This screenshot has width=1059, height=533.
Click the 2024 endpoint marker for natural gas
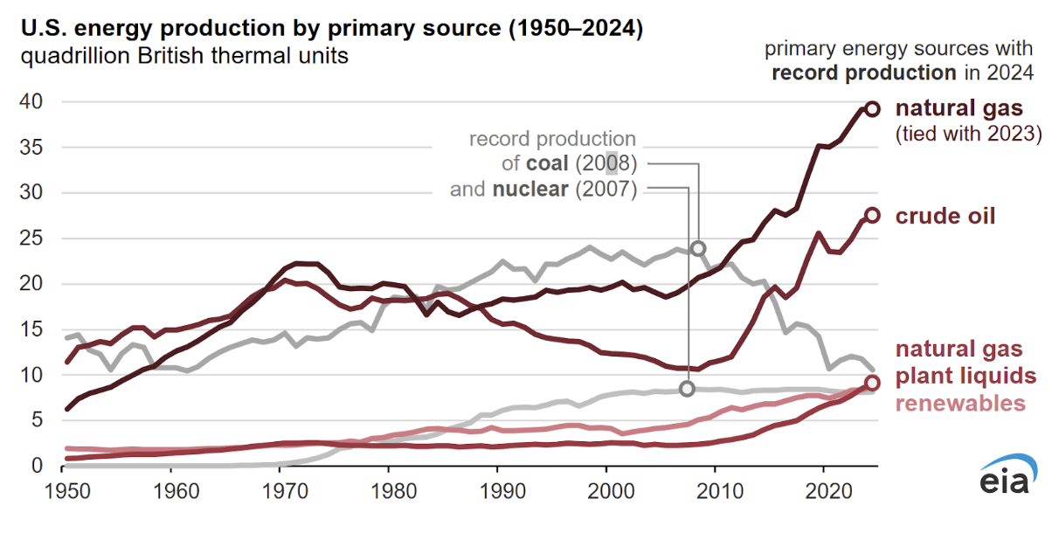pyautogui.click(x=872, y=108)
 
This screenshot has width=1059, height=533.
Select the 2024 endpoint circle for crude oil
pyautogui.click(x=872, y=215)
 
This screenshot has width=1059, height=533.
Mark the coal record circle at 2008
pyautogui.click(x=697, y=249)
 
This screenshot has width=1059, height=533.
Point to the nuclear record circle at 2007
pyautogui.click(x=687, y=388)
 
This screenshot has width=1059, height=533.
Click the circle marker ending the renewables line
pyautogui.click(x=872, y=383)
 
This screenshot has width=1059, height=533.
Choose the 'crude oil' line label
pyautogui.click(x=945, y=216)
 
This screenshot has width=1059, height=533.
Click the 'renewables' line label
pyautogui.click(x=959, y=403)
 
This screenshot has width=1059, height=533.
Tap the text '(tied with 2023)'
pyautogui.click(x=968, y=135)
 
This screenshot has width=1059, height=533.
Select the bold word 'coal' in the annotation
pyautogui.click(x=548, y=164)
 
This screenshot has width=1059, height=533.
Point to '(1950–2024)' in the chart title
pyautogui.click(x=571, y=30)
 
